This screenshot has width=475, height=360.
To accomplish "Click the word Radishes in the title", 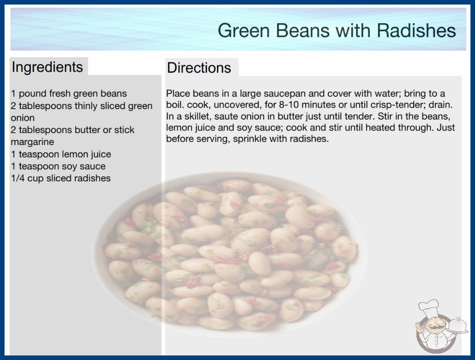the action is coord(416,30).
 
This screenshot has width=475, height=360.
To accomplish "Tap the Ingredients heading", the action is coord(47,67).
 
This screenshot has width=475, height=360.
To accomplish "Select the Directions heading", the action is coord(199,68).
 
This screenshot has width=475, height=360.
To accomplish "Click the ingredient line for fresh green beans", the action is coord(69,94).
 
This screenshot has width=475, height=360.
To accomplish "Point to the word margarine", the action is coord(32,142).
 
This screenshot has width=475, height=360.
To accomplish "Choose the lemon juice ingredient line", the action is coord(61,154).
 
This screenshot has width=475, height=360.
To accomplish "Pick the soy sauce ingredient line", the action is coord(58,166).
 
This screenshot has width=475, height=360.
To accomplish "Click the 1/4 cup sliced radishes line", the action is coord(60,178).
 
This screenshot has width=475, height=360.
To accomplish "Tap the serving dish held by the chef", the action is coord(458,326).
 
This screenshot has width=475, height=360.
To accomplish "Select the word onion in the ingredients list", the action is coord(23,118).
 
